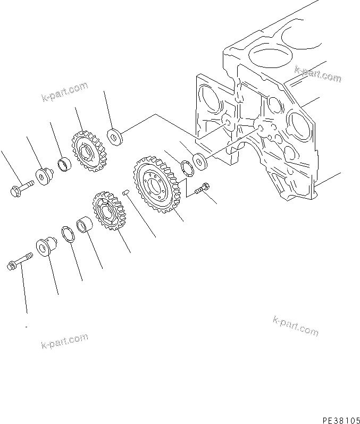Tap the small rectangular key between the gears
[126, 192]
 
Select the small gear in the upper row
[87, 150]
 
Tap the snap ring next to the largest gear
[187, 167]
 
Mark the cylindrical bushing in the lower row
[84, 225]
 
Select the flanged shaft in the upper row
[43, 175]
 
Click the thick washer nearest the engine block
[201, 162]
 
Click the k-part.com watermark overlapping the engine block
[317, 74]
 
